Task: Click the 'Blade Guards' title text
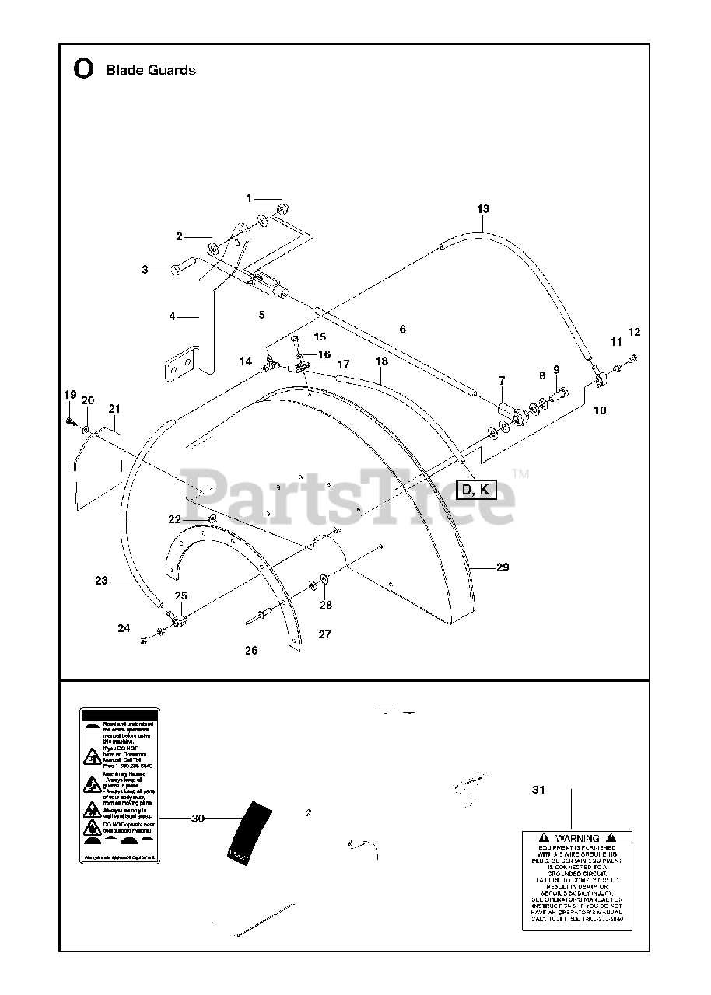[x=150, y=70]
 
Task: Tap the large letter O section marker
[x=82, y=69]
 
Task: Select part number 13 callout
[x=483, y=208]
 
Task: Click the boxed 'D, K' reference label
[x=475, y=489]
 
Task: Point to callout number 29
[x=502, y=567]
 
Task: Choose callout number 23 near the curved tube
[x=101, y=580]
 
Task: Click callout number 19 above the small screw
[x=70, y=395]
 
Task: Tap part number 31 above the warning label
[x=538, y=790]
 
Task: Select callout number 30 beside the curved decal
[x=198, y=818]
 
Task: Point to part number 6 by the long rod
[x=402, y=330]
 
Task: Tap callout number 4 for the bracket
[x=173, y=316]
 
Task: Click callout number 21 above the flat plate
[x=114, y=409]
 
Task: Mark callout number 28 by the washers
[x=325, y=605]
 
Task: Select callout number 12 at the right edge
[x=634, y=332]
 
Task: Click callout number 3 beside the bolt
[x=145, y=270]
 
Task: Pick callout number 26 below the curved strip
[x=251, y=651]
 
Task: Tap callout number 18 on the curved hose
[x=381, y=361]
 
